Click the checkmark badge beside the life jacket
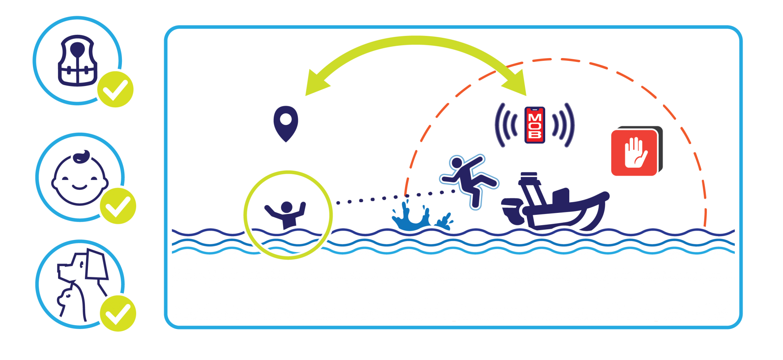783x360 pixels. click(x=115, y=89)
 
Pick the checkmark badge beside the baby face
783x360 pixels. click(x=118, y=206)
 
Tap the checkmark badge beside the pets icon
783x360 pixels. click(x=118, y=313)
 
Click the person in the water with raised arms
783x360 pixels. click(x=286, y=214)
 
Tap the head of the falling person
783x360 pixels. click(x=456, y=162)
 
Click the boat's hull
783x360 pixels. click(x=566, y=216)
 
